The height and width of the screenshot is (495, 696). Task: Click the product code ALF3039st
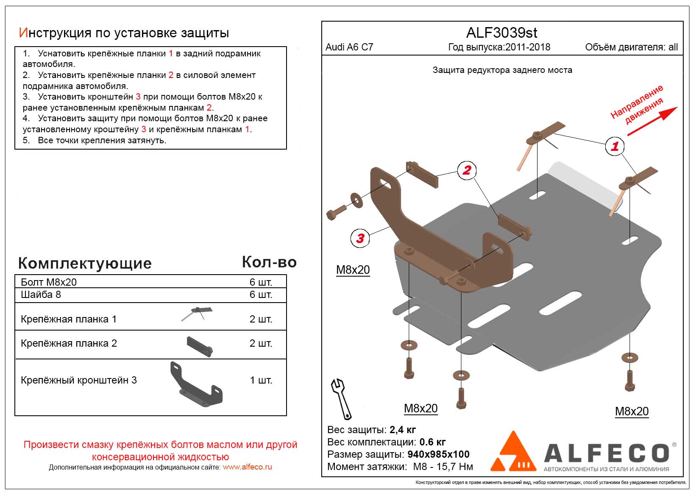[x=501, y=33]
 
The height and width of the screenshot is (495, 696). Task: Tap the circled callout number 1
[x=614, y=147]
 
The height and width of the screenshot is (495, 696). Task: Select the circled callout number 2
[x=467, y=170]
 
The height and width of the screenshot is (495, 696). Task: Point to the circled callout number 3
[x=360, y=239]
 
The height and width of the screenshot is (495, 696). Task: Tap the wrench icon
[x=342, y=399]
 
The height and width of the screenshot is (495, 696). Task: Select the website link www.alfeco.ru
[x=247, y=467]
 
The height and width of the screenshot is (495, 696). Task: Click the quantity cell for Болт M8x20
[x=261, y=282]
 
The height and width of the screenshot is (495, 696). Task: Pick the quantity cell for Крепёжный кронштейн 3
[x=261, y=380]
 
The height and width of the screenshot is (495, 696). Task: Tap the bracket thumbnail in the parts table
[x=196, y=384]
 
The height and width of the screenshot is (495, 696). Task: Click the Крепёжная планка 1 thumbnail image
[x=197, y=314]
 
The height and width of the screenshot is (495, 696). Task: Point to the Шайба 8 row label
[x=41, y=295]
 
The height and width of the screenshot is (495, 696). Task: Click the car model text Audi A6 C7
[x=349, y=47]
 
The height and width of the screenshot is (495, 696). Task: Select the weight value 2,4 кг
[x=403, y=430]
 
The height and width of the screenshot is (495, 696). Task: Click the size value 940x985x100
[x=438, y=455]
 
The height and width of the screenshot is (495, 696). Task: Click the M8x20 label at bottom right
[x=632, y=411]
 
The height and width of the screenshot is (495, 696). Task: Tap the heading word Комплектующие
[x=85, y=263]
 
